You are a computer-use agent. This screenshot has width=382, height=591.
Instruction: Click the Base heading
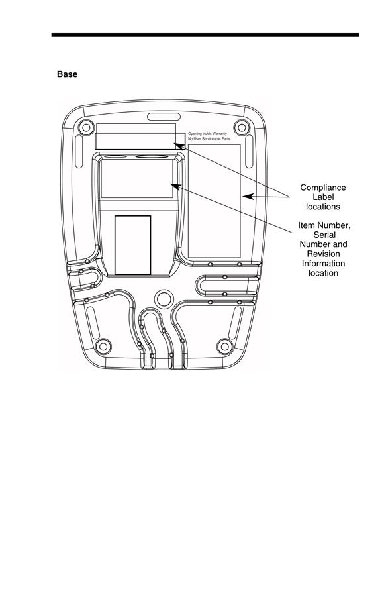(x=67, y=74)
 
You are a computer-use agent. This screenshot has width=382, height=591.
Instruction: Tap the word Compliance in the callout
(x=323, y=188)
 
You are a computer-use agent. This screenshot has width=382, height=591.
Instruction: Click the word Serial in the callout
(x=324, y=235)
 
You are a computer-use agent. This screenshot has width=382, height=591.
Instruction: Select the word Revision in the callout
(x=323, y=254)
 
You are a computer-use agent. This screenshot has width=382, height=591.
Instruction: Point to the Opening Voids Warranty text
(x=208, y=134)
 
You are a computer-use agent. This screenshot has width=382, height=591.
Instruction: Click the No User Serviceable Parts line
(x=209, y=139)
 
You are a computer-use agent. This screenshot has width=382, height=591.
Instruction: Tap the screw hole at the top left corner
(x=86, y=127)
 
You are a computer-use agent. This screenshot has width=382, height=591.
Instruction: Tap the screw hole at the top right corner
(x=241, y=127)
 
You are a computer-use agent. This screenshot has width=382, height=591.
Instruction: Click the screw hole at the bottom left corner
(x=103, y=347)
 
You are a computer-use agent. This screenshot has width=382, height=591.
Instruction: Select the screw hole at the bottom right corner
(x=225, y=347)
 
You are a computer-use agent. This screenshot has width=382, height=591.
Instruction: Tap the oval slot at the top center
(x=164, y=117)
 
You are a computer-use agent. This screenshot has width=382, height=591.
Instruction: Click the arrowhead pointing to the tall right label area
(x=248, y=196)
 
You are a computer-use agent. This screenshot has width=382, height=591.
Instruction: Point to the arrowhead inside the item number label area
(x=175, y=185)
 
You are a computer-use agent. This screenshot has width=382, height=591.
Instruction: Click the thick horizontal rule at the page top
(x=205, y=35)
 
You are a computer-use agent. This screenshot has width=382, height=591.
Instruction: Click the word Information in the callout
(x=323, y=264)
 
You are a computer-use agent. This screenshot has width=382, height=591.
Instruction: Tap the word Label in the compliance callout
(x=323, y=197)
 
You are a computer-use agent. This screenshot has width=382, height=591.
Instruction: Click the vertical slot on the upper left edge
(x=79, y=151)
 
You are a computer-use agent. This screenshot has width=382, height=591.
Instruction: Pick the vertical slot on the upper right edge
(x=249, y=151)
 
